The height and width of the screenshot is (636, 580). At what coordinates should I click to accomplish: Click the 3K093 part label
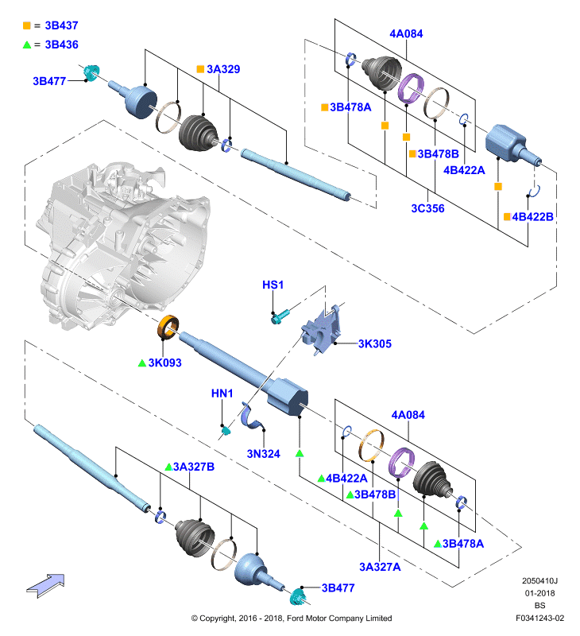point(164,363)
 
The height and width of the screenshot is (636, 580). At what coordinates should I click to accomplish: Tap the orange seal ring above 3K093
point(168,327)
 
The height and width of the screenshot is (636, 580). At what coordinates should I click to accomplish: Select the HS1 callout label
point(273,285)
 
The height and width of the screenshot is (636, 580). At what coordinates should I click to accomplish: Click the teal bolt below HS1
point(280,316)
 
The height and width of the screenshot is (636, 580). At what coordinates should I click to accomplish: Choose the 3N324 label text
point(264,453)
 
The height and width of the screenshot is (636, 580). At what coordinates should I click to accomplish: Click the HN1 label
point(222,393)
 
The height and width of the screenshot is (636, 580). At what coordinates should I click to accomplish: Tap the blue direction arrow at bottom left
point(45,585)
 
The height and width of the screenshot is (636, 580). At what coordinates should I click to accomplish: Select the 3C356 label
point(427,208)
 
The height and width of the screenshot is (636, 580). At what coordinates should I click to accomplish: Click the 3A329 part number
point(223,69)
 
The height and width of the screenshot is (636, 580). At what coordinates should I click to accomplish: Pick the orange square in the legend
point(27,25)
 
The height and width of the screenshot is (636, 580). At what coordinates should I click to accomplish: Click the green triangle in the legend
point(27,45)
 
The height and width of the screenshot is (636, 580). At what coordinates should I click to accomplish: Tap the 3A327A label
point(380,567)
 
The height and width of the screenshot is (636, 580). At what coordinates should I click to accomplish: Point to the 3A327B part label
point(194,467)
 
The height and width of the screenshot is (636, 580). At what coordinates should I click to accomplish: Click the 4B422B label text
point(532,217)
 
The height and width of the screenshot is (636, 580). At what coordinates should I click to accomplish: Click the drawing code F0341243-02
point(539,619)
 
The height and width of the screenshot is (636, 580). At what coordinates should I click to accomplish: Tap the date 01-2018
point(539,593)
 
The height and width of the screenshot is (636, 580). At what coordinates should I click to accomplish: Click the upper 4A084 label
point(406,33)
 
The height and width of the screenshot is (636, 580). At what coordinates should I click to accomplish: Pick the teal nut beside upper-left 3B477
point(91,72)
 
